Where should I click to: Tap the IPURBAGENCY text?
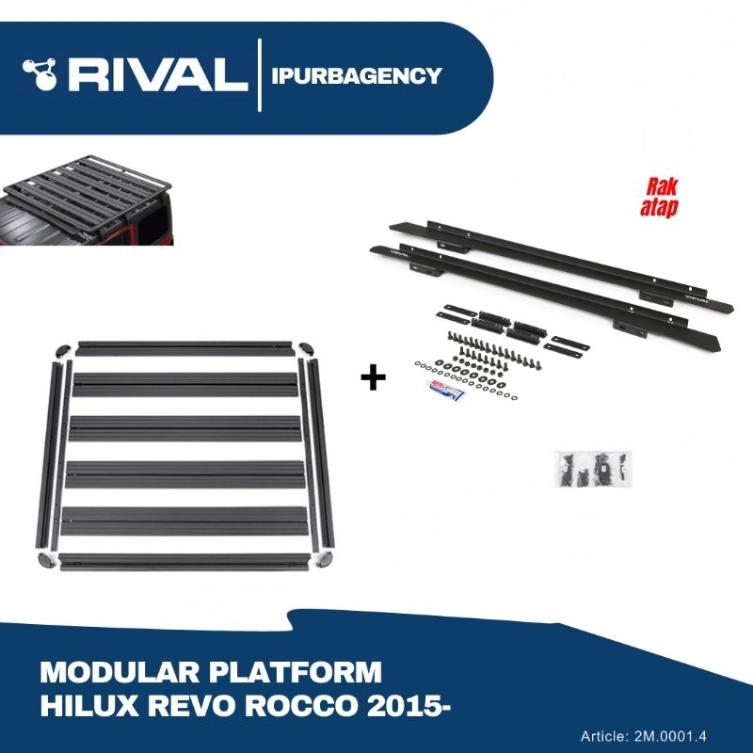click(x=356, y=76)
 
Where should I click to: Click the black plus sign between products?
click(x=374, y=379)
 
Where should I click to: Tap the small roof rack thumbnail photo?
click(x=87, y=201)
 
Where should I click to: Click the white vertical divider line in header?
click(x=259, y=74)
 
